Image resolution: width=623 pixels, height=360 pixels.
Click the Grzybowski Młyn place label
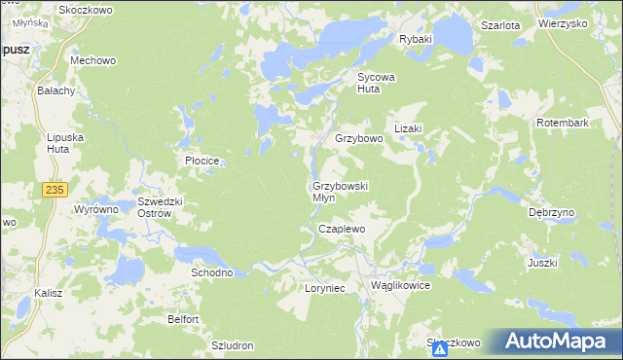[339, 191]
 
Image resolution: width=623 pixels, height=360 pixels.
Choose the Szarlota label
[500, 26]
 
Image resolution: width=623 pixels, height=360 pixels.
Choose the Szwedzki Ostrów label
[161, 207]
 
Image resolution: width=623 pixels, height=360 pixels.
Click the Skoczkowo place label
[86, 9]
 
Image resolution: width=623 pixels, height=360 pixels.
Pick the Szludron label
[233, 345]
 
